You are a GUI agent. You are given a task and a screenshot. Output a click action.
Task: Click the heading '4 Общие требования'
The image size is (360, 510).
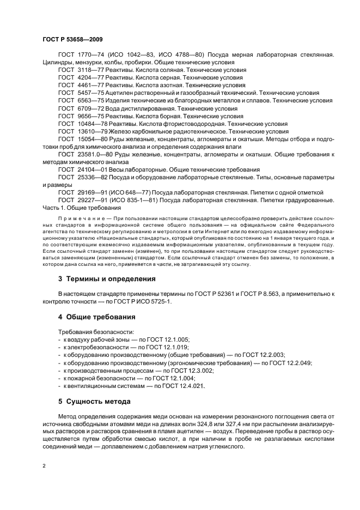pos(97,317)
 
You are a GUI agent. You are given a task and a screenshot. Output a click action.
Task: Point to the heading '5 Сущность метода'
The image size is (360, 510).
pos(94,402)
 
